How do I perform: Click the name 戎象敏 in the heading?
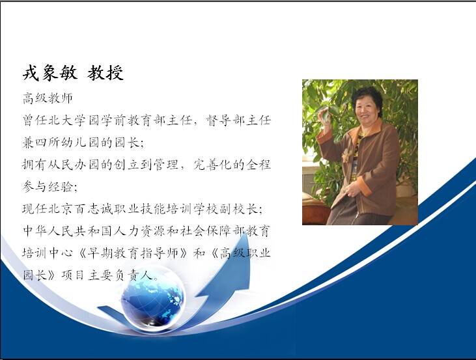(50, 73)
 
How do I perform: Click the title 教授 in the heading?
(105, 73)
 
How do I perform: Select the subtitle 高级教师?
(48, 98)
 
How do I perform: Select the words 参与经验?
(48, 187)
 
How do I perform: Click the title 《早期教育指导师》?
(133, 253)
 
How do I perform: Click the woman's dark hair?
(367, 94)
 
